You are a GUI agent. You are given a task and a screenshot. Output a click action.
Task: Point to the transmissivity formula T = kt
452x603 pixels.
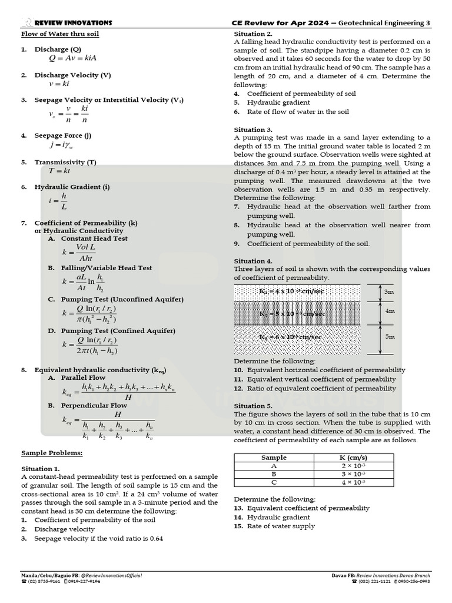pyautogui.click(x=59, y=171)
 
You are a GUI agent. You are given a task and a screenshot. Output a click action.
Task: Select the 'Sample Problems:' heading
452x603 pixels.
pyautogui.click(x=52, y=453)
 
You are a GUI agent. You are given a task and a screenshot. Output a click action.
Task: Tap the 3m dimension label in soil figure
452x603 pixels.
pyautogui.click(x=389, y=292)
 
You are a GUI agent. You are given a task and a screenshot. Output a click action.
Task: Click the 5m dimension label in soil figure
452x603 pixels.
pyautogui.click(x=389, y=336)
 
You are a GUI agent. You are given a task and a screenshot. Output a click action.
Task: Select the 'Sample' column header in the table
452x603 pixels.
pyautogui.click(x=274, y=458)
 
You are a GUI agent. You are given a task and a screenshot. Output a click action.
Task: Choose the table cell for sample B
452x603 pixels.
pyautogui.click(x=274, y=473)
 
